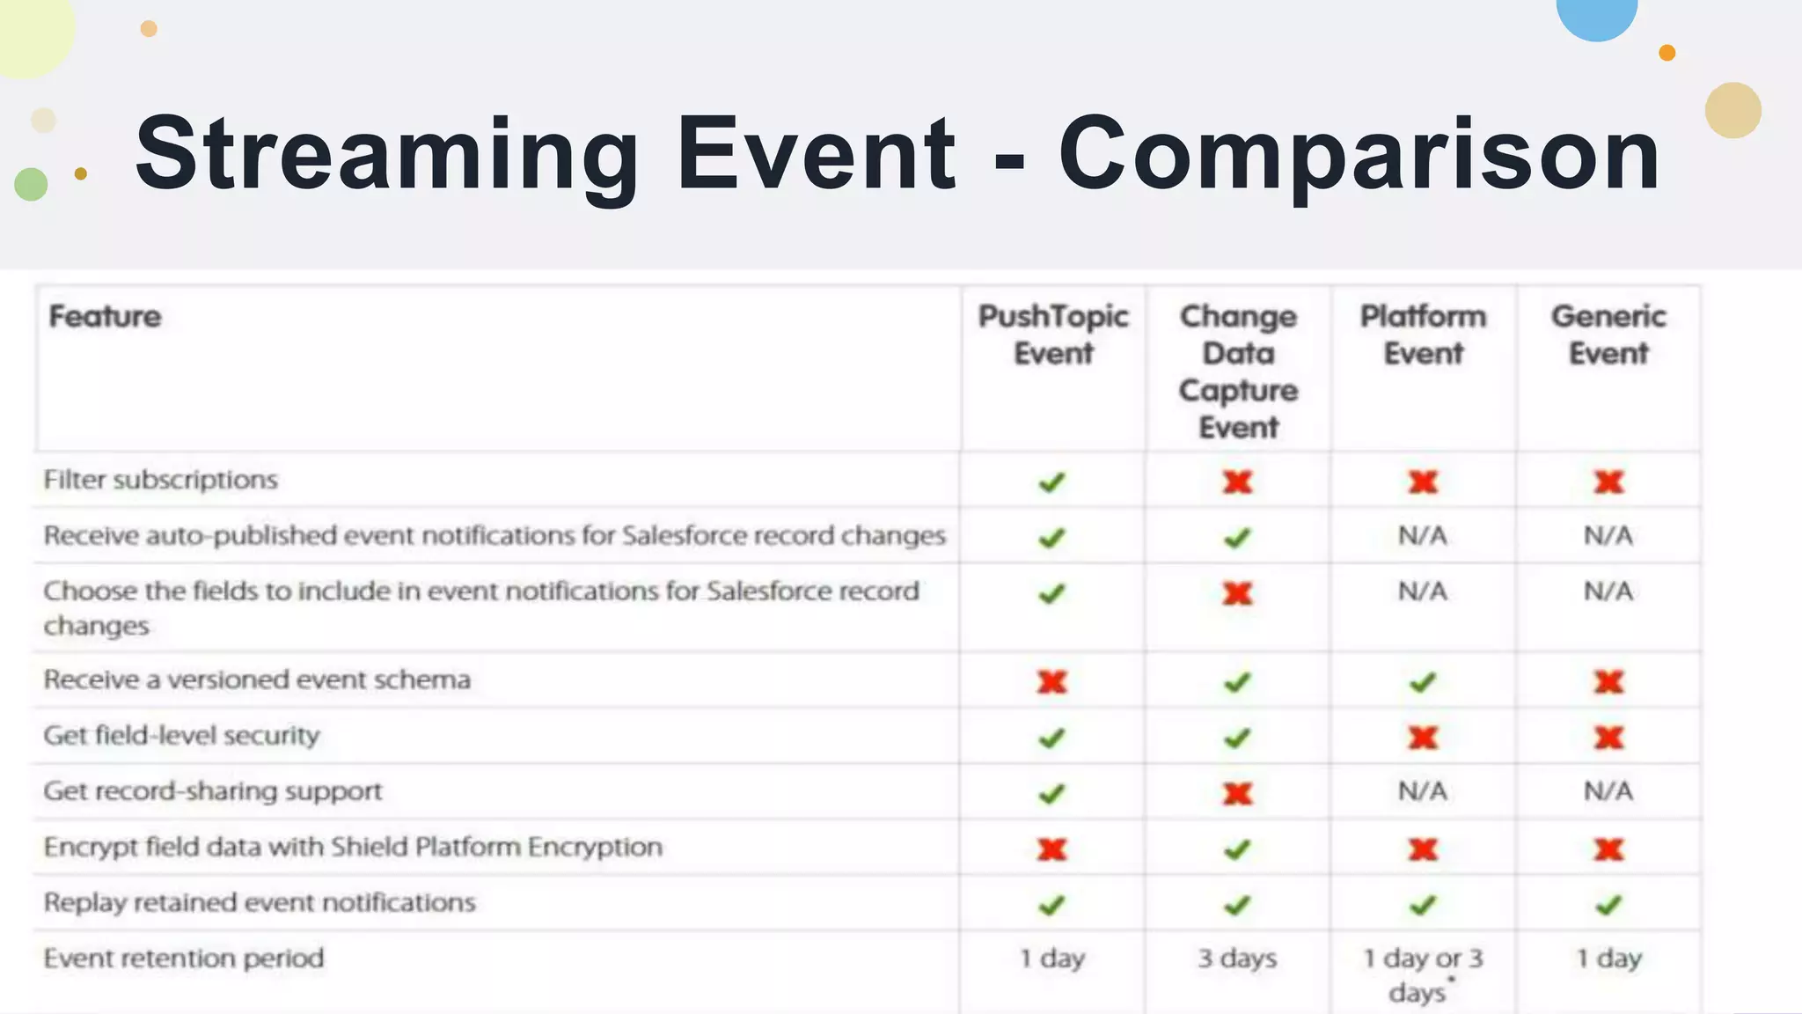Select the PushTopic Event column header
1053,334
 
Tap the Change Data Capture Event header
1238,371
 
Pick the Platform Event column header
1423,334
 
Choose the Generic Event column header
1608,334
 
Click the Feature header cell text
105,316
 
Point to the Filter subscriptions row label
160,480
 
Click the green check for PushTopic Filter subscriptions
1051,482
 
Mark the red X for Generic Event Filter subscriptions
1608,481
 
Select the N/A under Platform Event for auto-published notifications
1423,535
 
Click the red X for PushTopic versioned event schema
1051,681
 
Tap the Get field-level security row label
181,735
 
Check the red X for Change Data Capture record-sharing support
1237,793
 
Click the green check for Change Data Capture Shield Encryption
1237,849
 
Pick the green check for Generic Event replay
1608,905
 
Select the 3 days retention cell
1237,958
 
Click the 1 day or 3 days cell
1423,974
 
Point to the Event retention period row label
184,958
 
